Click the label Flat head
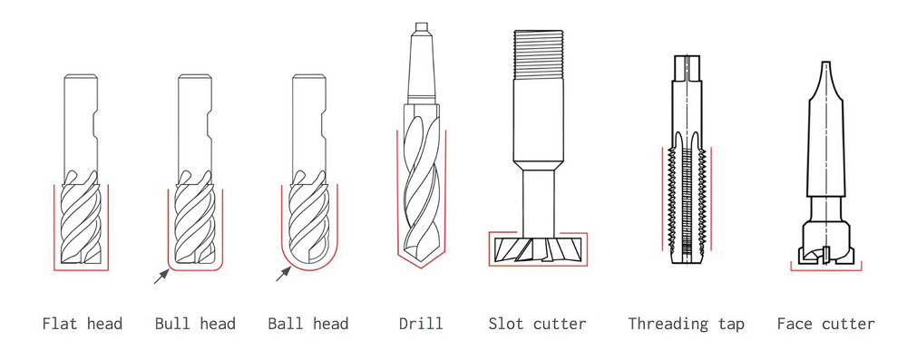tap(83, 323)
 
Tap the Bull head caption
tap(195, 323)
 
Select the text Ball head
tap(308, 323)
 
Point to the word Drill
tap(421, 323)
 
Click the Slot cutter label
tap(537, 323)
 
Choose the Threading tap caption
tap(686, 323)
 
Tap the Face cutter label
tap(826, 323)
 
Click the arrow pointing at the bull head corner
tap(161, 277)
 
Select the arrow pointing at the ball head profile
tap(283, 274)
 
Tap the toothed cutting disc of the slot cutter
tap(538, 249)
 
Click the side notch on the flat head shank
tap(94, 126)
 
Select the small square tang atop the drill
tap(421, 26)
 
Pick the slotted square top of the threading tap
tap(686, 68)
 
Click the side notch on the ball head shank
tap(323, 126)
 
